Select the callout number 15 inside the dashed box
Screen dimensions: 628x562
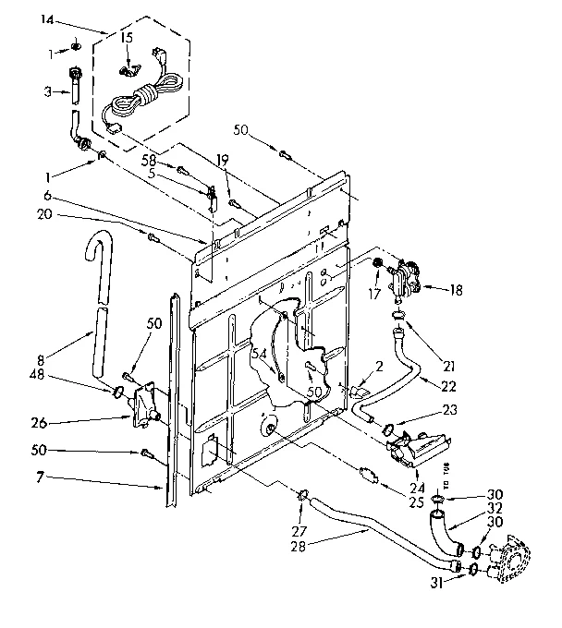coord(127,38)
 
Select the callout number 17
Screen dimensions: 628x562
coord(375,296)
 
